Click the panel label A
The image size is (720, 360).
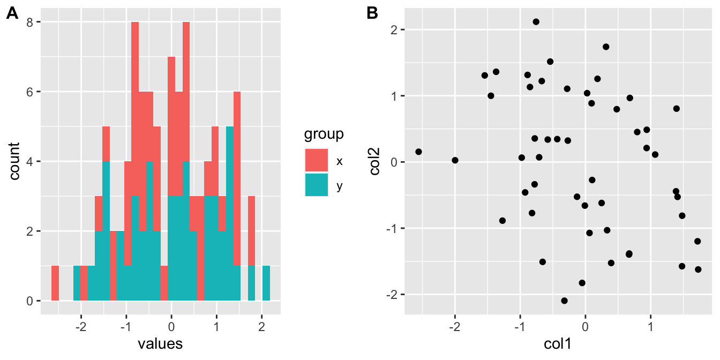(12, 14)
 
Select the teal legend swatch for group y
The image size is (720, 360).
(317, 185)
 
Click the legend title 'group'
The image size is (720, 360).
(324, 134)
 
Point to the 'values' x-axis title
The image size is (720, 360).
(160, 343)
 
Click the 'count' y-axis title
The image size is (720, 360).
(14, 161)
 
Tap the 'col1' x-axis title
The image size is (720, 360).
(557, 344)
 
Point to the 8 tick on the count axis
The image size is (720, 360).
(31, 22)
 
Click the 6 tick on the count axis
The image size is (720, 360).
(31, 92)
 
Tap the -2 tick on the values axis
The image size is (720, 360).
(80, 326)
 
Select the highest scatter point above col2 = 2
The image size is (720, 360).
(536, 22)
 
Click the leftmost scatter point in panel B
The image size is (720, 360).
(418, 152)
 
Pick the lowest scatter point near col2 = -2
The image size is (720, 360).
(564, 301)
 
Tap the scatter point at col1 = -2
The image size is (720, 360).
(455, 160)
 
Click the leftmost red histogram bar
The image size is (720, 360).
(55, 283)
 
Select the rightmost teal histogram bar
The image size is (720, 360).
(266, 283)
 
